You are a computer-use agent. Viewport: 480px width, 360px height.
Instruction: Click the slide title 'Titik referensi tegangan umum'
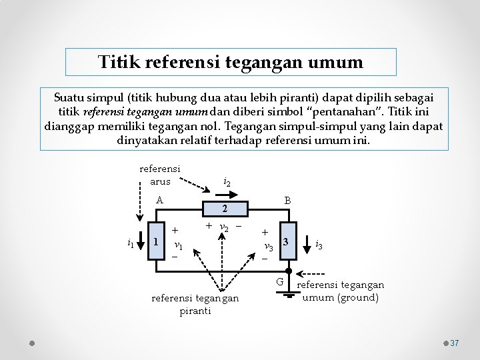click(231, 63)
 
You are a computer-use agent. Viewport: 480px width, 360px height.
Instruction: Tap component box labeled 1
click(155, 241)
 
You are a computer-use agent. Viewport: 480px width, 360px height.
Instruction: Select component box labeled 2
click(225, 209)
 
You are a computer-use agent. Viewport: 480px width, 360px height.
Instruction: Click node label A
click(159, 199)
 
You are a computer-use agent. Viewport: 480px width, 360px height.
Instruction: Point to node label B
click(287, 200)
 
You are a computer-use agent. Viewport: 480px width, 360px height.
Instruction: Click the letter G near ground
click(281, 283)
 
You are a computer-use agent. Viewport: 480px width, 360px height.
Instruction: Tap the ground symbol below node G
click(288, 293)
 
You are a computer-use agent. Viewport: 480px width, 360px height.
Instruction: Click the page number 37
click(455, 343)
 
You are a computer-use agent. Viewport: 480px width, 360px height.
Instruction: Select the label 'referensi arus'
click(160, 175)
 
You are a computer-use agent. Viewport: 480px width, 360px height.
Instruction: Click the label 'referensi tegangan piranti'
click(195, 304)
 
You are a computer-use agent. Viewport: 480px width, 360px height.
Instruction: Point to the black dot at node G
click(288, 271)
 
